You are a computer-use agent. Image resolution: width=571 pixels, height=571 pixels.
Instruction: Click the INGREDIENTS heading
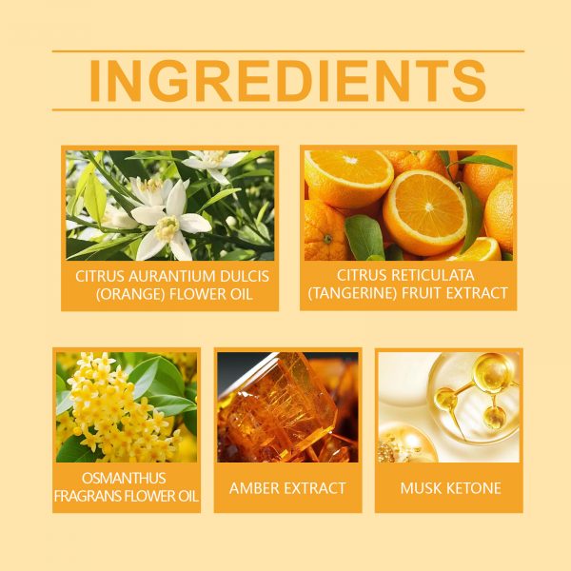287,81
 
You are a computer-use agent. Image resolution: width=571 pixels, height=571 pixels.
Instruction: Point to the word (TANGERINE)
352,293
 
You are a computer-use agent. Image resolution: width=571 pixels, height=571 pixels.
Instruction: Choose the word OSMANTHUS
124,478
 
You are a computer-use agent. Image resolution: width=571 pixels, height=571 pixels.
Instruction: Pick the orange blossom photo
170,206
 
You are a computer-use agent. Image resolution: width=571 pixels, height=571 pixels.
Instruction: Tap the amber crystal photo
287,407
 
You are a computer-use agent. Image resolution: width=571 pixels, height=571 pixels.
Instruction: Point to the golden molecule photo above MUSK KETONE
449,407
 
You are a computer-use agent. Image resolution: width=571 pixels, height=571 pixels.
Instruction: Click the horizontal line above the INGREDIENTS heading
288,51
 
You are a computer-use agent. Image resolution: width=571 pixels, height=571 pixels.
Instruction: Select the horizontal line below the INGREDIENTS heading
288,109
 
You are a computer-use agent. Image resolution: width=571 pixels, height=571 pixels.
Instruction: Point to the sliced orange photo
408,206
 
